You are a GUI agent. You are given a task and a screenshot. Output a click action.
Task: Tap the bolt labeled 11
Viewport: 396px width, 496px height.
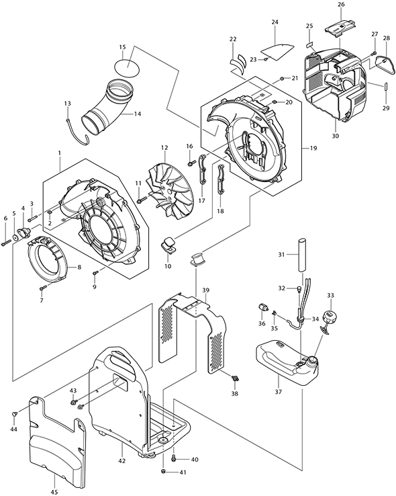[142, 200]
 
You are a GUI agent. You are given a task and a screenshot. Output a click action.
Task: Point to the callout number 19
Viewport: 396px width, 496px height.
[313, 148]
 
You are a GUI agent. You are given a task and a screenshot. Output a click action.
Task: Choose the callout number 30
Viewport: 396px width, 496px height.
[336, 136]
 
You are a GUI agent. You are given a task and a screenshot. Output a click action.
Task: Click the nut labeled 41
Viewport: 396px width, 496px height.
[163, 472]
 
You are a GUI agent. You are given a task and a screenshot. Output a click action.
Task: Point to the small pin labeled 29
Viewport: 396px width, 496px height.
[386, 87]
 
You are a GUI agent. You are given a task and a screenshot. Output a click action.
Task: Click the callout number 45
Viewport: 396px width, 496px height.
[54, 492]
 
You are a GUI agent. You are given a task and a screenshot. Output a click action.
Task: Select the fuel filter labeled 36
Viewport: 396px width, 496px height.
[262, 308]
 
